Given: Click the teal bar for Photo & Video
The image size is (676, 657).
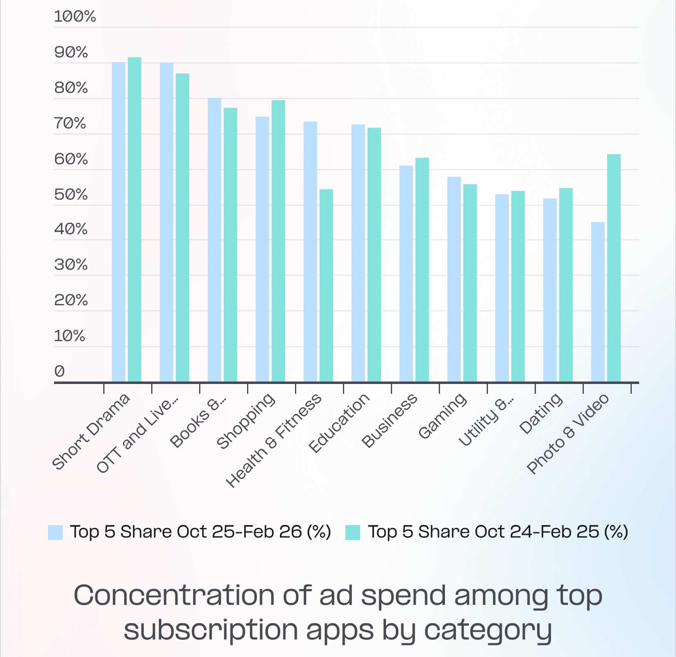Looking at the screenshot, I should pyautogui.click(x=614, y=268).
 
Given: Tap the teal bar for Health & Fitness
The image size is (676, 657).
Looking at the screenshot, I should pyautogui.click(x=326, y=286).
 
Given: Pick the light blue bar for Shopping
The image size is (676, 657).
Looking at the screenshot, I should pyautogui.click(x=262, y=249).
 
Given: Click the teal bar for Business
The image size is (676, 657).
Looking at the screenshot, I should pyautogui.click(x=422, y=270).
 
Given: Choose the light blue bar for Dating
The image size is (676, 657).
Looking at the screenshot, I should pyautogui.click(x=550, y=290).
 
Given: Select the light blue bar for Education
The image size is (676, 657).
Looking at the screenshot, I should pyautogui.click(x=358, y=253).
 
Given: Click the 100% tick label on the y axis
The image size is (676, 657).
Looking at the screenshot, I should pyautogui.click(x=75, y=17).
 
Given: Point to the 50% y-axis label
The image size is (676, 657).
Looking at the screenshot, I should pyautogui.click(x=71, y=194).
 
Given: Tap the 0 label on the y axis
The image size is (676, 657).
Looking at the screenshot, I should pyautogui.click(x=59, y=371).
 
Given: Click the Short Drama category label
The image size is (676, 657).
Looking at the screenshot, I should pyautogui.click(x=91, y=431).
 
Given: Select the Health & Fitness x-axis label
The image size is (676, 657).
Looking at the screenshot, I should pyautogui.click(x=274, y=440).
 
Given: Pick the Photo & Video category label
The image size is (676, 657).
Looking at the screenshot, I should pyautogui.click(x=568, y=434).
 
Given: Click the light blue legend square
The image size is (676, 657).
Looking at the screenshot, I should pyautogui.click(x=55, y=533).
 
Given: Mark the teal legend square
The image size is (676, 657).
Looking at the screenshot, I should pyautogui.click(x=352, y=533).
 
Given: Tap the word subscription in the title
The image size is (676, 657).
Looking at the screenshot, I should pyautogui.click(x=211, y=630).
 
